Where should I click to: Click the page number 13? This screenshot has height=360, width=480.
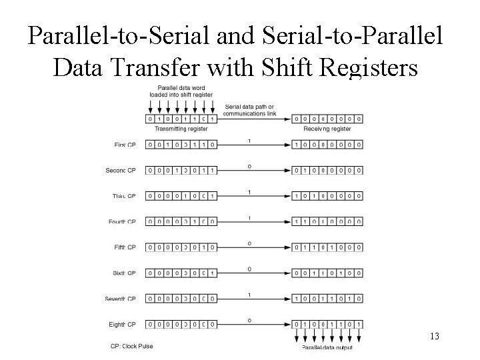(x=434, y=336)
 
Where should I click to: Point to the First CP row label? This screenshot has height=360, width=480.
(x=125, y=144)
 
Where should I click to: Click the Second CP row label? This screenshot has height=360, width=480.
(x=121, y=170)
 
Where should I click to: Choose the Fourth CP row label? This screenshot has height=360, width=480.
(x=122, y=221)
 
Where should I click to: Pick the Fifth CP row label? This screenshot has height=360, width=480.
(x=125, y=247)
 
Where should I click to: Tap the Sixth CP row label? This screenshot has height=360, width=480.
(x=124, y=273)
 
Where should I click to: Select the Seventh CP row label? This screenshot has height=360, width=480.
(x=120, y=299)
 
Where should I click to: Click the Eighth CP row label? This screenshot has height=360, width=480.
(x=123, y=325)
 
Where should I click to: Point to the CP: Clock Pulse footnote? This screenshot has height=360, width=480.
(x=133, y=346)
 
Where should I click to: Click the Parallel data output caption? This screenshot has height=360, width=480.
(x=327, y=347)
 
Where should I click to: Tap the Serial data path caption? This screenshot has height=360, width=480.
(x=250, y=109)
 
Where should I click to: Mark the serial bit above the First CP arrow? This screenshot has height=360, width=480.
(x=249, y=140)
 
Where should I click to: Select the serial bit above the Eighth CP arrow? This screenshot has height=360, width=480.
(x=249, y=321)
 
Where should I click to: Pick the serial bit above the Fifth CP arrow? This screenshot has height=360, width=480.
(x=249, y=243)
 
